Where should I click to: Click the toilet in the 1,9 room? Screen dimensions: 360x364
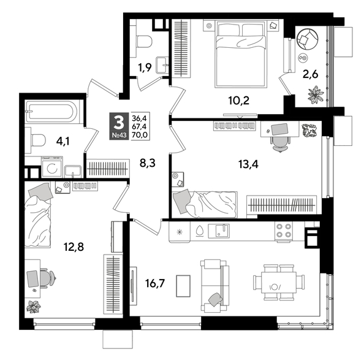pyautogui.click(x=145, y=41)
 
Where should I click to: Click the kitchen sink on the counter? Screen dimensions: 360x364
pyautogui.click(x=221, y=231)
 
